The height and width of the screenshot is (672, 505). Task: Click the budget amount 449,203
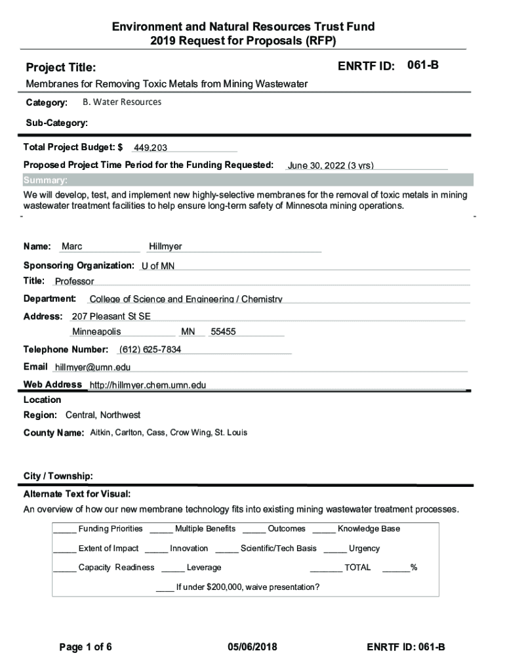coord(150,148)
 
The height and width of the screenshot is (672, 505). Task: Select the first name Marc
coord(72,247)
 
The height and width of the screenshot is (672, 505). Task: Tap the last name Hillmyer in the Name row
coord(165,247)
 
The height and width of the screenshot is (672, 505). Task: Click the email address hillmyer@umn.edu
coord(92,367)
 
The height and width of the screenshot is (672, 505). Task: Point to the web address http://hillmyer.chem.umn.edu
coord(148,385)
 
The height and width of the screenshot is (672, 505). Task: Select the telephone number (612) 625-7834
coord(150,349)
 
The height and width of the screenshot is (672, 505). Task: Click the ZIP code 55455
coord(223,332)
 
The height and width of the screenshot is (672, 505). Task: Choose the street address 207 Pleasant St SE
coord(111,316)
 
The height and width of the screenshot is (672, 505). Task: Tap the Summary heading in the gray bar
coord(45,180)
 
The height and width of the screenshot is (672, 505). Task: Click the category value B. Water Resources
coord(122,102)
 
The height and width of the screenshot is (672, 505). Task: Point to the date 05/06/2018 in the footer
coord(253,647)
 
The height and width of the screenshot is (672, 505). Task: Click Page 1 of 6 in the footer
coord(85,647)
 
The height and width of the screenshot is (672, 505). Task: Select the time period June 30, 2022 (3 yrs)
coord(331,165)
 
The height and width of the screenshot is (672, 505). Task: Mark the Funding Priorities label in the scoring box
coord(110,529)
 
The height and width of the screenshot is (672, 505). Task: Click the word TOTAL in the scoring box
coord(357,568)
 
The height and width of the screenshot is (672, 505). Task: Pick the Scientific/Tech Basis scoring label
coord(278,549)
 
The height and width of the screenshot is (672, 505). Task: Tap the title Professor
coord(75,282)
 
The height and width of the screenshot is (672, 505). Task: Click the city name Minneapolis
coord(96,332)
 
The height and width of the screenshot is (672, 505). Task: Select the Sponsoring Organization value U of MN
coord(158,266)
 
